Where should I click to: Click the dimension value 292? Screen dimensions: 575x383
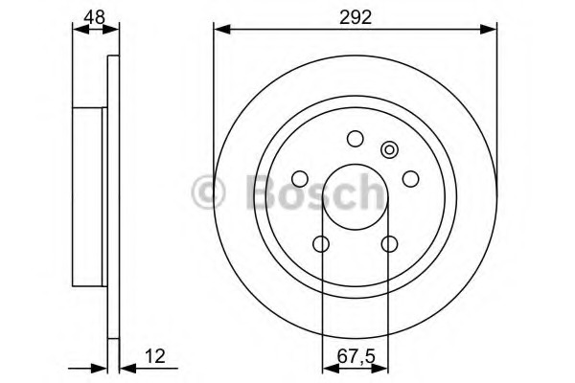click(x=356, y=17)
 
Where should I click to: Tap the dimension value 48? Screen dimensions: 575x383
click(x=94, y=17)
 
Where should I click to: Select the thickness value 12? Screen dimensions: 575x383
click(x=154, y=356)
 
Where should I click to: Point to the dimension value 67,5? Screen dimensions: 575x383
click(x=356, y=356)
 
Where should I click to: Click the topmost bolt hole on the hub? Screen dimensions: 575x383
click(x=355, y=139)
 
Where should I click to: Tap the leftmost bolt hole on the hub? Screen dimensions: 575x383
click(x=300, y=179)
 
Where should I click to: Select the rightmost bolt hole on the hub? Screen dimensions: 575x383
click(x=410, y=179)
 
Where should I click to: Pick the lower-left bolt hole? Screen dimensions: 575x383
click(x=321, y=244)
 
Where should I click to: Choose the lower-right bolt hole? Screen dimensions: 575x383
click(x=389, y=244)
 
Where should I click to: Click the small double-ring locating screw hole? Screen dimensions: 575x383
click(x=389, y=150)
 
